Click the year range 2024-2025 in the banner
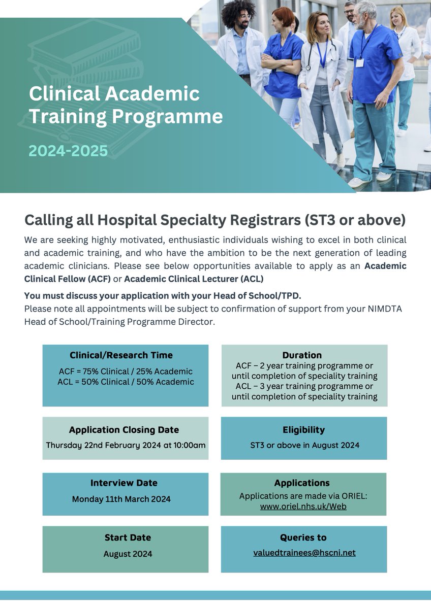pyautogui.click(x=68, y=151)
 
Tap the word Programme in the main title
pyautogui.click(x=167, y=116)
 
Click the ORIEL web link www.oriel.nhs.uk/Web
pyautogui.click(x=303, y=506)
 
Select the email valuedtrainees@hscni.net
pyautogui.click(x=304, y=553)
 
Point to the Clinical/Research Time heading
pyautogui.click(x=121, y=355)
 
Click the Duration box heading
pyautogui.click(x=302, y=355)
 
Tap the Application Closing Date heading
pyautogui.click(x=124, y=430)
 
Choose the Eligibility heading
pyautogui.click(x=304, y=430)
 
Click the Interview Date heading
pyautogui.click(x=124, y=483)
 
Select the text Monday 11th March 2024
pyautogui.click(x=121, y=499)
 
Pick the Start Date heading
pyautogui.click(x=128, y=537)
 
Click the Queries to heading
pyautogui.click(x=303, y=537)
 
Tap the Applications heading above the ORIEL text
pyautogui.click(x=302, y=483)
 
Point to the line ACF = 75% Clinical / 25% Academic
pyautogui.click(x=126, y=371)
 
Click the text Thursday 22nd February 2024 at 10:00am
pyautogui.click(x=126, y=445)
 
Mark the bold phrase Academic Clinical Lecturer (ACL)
pyautogui.click(x=194, y=279)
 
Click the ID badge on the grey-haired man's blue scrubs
pyautogui.click(x=360, y=62)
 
